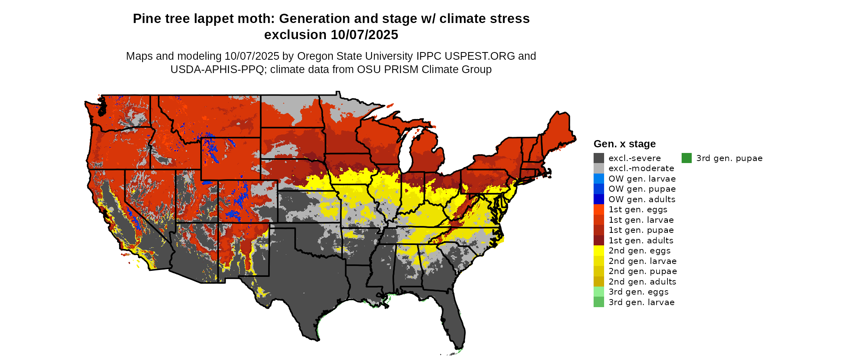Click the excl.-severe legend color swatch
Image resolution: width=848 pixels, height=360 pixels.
[x=599, y=158]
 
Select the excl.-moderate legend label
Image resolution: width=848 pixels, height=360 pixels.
[x=641, y=168]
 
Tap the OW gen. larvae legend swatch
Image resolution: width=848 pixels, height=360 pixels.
[x=599, y=179]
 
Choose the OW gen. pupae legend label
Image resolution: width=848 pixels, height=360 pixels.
[x=642, y=189]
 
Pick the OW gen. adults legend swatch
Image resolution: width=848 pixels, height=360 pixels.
[x=599, y=199]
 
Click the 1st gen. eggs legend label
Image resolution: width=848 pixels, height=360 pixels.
[x=638, y=209]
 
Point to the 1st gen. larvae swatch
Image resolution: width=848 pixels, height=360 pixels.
[x=599, y=220]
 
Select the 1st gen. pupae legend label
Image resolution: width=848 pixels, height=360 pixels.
[x=641, y=230]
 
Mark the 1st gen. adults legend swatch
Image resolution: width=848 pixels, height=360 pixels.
[x=599, y=241]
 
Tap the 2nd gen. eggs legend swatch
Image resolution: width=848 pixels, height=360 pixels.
[x=599, y=251]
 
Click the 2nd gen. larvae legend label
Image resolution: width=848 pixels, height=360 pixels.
[x=642, y=261]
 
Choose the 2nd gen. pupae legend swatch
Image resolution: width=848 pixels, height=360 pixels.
[x=599, y=271]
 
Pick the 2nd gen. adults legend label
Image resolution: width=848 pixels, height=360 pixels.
[x=642, y=282]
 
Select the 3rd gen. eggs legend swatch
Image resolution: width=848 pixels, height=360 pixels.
[x=599, y=292]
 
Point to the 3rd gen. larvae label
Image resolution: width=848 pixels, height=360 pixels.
[x=642, y=302]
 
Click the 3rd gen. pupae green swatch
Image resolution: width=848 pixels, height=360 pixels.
[x=686, y=158]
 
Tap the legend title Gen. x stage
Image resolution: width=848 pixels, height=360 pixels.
[x=625, y=144]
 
